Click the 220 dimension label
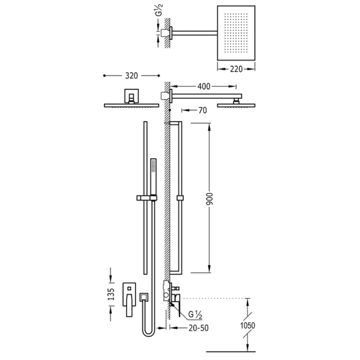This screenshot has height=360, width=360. pyautogui.click(x=236, y=69)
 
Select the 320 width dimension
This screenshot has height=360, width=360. pyautogui.click(x=131, y=76)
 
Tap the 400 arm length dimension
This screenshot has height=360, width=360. pyautogui.click(x=204, y=86)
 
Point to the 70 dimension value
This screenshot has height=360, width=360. pyautogui.click(x=202, y=111)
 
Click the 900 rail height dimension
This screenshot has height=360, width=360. pyautogui.click(x=210, y=199)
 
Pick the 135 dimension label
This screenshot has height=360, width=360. pyautogui.click(x=111, y=294)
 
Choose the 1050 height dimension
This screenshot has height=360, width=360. pyautogui.click(x=248, y=325)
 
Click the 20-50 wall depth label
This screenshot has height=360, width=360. pyautogui.click(x=199, y=328)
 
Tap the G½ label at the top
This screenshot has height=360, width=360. pyautogui.click(x=159, y=10)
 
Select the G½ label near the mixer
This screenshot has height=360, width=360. pyautogui.click(x=195, y=314)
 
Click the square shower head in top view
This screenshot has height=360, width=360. pyautogui.click(x=236, y=33)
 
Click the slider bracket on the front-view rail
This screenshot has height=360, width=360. pyautogui.click(x=147, y=198)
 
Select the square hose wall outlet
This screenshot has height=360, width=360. pyautogui.click(x=144, y=297)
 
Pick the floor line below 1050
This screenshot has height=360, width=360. pyautogui.click(x=231, y=351)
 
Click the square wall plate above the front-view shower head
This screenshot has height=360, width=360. pyautogui.click(x=131, y=96)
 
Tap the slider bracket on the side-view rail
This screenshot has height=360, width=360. pyautogui.click(x=180, y=198)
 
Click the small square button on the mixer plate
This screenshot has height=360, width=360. pyautogui.click(x=129, y=288)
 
